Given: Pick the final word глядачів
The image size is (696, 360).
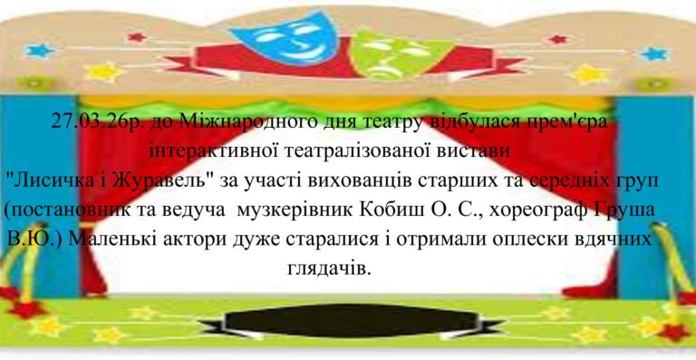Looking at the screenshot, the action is tap(329, 268).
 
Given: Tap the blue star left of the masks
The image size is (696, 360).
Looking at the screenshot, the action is tap(40, 51).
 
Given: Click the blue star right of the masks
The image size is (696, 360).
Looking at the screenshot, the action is tap(653, 54).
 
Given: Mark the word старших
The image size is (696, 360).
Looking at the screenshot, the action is tap(456, 181).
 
